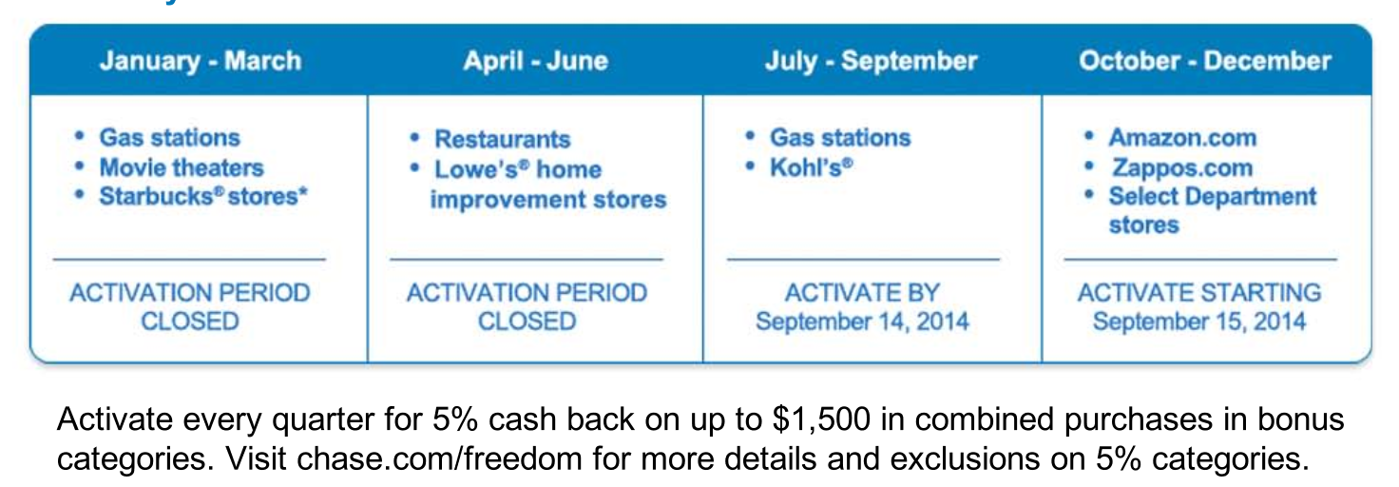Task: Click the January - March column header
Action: click(201, 61)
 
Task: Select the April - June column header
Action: click(535, 61)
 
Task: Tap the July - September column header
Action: click(872, 61)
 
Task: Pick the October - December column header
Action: click(1205, 61)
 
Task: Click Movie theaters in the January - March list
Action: click(182, 167)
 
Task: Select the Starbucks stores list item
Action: click(203, 196)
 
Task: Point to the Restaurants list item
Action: click(502, 139)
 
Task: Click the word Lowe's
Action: click(478, 168)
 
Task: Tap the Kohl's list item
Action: click(811, 167)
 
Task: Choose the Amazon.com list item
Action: click(1182, 138)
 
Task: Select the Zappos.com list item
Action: click(1182, 167)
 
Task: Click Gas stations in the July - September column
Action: click(840, 138)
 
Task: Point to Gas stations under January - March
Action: click(169, 138)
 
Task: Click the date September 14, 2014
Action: click(863, 321)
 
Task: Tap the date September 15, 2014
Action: click(1199, 321)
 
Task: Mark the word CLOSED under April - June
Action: click(527, 321)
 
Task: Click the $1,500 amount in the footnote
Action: click(821, 419)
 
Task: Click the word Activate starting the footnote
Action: click(115, 419)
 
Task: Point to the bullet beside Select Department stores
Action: click(1089, 194)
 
